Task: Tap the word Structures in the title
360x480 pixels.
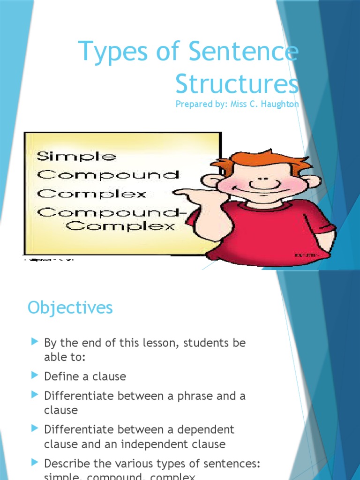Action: (237, 84)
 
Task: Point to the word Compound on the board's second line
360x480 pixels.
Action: (108, 175)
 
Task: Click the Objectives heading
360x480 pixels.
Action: (70, 307)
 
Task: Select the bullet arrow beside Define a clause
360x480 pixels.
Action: (34, 375)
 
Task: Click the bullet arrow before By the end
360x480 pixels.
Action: (34, 342)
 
